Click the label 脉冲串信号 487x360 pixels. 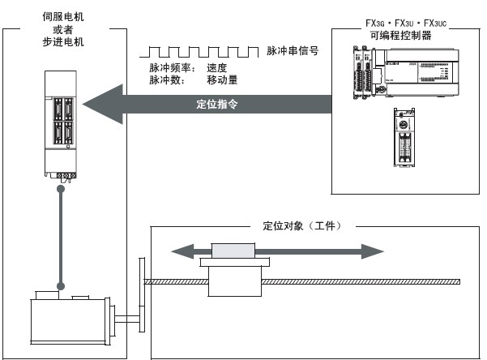point(293,50)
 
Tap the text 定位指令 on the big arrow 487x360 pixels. point(217,104)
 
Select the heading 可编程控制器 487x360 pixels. point(400,36)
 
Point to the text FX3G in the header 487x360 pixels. point(375,23)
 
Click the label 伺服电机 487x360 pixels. point(63,16)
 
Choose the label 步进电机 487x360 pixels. point(63,41)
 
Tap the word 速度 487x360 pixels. point(217,67)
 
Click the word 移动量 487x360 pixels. point(222,80)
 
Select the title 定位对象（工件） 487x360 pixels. point(302,225)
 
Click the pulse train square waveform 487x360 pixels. point(199,52)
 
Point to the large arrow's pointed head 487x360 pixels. point(83,104)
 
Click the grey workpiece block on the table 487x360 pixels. point(233,251)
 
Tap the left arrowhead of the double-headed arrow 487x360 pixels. point(182,251)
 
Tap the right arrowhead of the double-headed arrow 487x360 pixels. point(373,251)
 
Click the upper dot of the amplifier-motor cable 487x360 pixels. point(61,189)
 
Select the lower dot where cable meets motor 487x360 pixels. point(61,286)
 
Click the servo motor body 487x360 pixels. point(68,320)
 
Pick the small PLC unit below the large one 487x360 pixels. point(404,137)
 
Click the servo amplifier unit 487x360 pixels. point(61,125)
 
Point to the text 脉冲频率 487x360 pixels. point(170,67)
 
